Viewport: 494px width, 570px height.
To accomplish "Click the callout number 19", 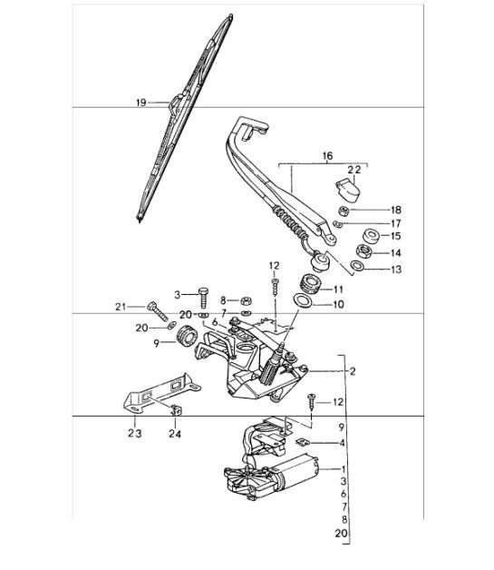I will click(140, 103).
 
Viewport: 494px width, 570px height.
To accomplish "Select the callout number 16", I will click(328, 157).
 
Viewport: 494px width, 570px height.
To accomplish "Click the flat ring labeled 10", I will click(305, 302).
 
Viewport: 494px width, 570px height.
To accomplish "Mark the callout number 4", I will click(343, 443).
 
